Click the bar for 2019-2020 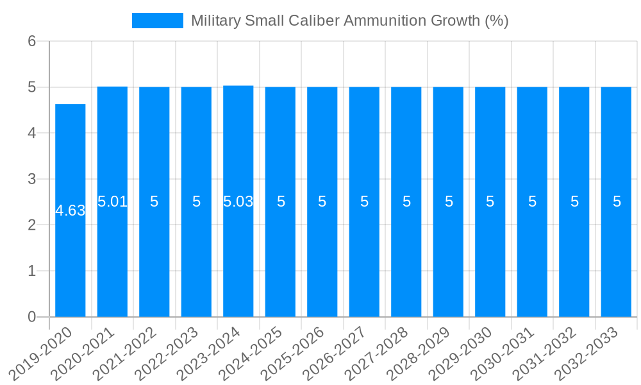pyautogui.click(x=70, y=257)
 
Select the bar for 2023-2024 pyautogui.click(x=238, y=257)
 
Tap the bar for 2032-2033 pyautogui.click(x=616, y=257)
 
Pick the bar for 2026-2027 pyautogui.click(x=364, y=257)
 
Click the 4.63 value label pyautogui.click(x=70, y=210)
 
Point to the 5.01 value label pyautogui.click(x=112, y=201)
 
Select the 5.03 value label pyautogui.click(x=238, y=201)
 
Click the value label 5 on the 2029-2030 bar pyautogui.click(x=490, y=201)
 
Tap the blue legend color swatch pyautogui.click(x=157, y=21)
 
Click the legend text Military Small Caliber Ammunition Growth pyautogui.click(x=349, y=21)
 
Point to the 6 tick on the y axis pyautogui.click(x=32, y=41)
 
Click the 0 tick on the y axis pyautogui.click(x=32, y=317)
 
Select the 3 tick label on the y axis pyautogui.click(x=32, y=179)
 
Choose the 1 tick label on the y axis pyautogui.click(x=32, y=271)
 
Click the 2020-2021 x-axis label pyautogui.click(x=83, y=353)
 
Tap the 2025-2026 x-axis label pyautogui.click(x=293, y=353)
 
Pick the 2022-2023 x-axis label pyautogui.click(x=167, y=353)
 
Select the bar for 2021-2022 pyautogui.click(x=154, y=257)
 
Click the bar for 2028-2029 pyautogui.click(x=448, y=257)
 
